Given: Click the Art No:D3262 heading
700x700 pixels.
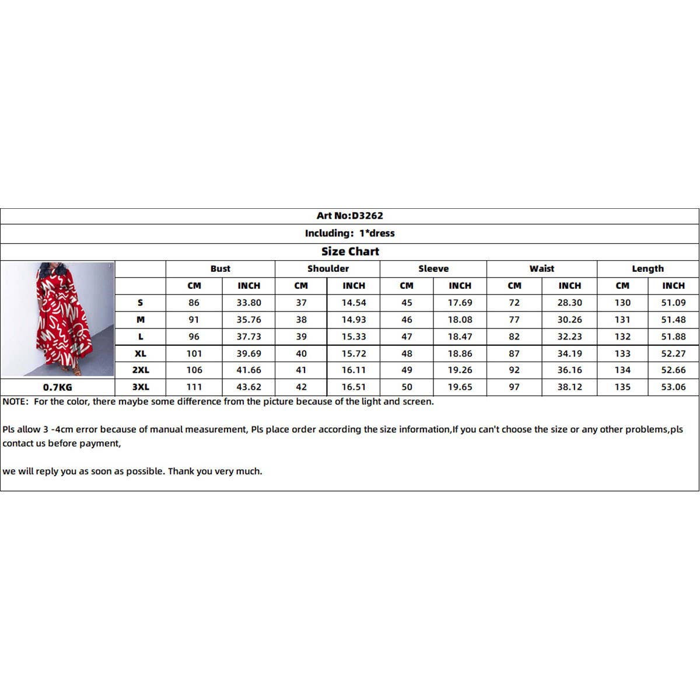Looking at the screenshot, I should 349,216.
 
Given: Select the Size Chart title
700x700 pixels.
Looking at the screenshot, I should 350,251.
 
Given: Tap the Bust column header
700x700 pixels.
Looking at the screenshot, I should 220,269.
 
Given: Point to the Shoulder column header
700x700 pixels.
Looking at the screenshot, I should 328,269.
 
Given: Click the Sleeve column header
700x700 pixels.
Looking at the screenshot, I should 433,269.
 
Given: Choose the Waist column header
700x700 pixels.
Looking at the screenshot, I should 542,269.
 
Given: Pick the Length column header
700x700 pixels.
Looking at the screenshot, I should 647,269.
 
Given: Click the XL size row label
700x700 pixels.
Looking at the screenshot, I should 141,353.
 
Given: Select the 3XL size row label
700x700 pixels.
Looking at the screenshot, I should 141,387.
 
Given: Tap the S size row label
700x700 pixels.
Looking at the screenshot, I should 141,303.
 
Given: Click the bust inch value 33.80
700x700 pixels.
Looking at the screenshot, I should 249,303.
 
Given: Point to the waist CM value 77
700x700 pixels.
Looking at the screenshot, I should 514,320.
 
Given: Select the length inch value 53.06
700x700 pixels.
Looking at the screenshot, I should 673,387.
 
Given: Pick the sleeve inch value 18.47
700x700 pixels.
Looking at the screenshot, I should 460,337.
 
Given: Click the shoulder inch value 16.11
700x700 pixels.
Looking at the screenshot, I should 353,370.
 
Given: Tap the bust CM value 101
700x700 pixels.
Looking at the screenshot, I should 194,353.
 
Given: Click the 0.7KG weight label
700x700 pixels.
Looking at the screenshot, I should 58,387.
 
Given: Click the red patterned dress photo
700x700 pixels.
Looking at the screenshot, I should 58,319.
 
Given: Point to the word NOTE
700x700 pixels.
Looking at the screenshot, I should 15,401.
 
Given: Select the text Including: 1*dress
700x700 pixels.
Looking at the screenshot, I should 349,233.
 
